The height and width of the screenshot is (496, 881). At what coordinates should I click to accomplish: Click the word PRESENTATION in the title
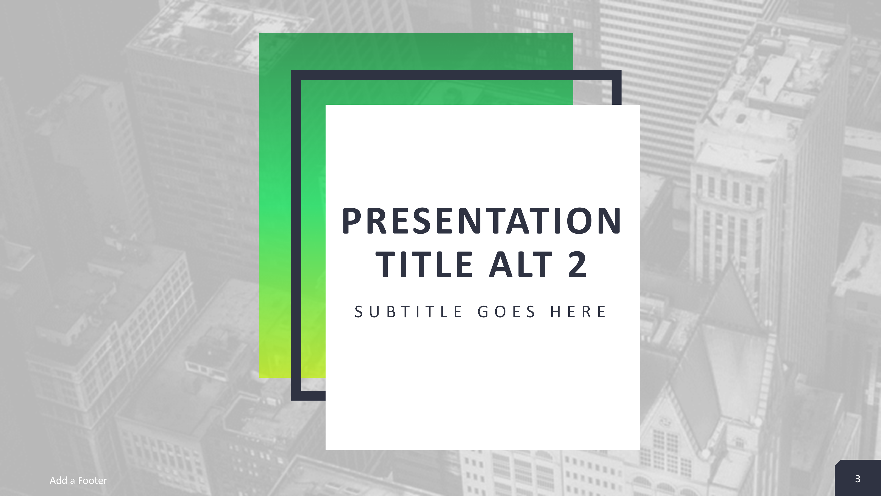(x=482, y=221)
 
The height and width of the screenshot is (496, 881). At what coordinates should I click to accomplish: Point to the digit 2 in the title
(x=577, y=264)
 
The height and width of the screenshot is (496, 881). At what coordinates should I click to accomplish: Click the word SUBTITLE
(x=409, y=312)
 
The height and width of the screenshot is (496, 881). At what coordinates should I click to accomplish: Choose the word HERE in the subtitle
(x=578, y=312)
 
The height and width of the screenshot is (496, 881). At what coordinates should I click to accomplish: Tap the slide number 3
(x=857, y=479)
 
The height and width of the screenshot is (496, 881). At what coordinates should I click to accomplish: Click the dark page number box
(x=858, y=478)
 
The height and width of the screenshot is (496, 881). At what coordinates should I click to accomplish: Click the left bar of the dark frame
(x=296, y=235)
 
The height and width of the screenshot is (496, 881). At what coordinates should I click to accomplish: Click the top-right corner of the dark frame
(x=621, y=70)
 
